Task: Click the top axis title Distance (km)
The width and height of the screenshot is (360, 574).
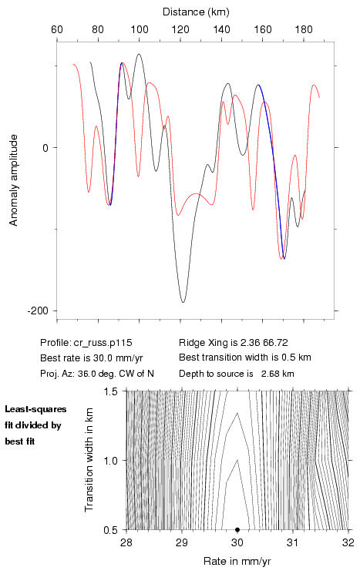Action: (196, 12)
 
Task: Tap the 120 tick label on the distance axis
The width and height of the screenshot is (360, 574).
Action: (180, 29)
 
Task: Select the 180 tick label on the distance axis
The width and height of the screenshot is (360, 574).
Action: (304, 29)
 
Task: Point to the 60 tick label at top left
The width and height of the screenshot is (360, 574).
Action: (57, 29)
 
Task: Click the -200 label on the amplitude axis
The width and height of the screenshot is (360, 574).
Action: (39, 310)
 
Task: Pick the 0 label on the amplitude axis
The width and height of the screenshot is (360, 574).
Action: (45, 148)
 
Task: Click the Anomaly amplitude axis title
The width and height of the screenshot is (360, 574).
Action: (14, 180)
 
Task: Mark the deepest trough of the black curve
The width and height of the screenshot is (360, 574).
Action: (183, 302)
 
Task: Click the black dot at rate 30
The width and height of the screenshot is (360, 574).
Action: (237, 529)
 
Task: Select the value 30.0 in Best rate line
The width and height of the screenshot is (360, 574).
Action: (95, 358)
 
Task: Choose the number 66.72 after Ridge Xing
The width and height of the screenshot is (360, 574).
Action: (275, 343)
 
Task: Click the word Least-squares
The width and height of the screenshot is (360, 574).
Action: (35, 409)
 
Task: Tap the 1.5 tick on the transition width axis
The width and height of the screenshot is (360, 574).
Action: (110, 391)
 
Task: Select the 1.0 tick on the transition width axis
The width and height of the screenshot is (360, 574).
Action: (110, 461)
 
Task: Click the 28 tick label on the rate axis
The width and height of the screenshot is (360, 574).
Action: (126, 542)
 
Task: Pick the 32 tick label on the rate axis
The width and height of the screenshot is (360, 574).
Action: (348, 542)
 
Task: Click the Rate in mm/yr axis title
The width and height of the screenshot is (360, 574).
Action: (237, 561)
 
